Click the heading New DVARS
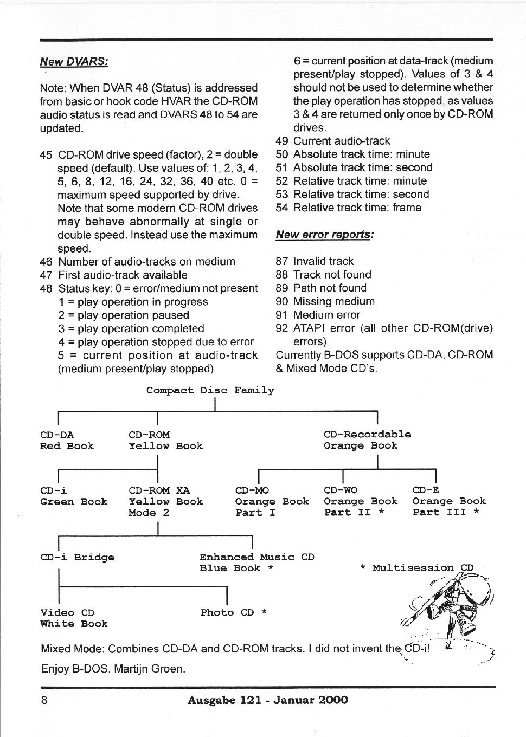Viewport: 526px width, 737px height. [x=74, y=61]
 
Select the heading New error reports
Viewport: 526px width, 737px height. [x=324, y=235]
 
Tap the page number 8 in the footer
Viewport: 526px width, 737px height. [x=44, y=700]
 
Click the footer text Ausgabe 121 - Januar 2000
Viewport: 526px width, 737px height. [x=268, y=700]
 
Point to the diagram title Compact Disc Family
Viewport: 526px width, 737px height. [x=210, y=390]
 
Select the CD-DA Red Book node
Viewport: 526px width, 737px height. [x=67, y=440]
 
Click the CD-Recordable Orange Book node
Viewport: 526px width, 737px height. [x=367, y=440]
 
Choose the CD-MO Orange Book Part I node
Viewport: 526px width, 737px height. [x=272, y=501]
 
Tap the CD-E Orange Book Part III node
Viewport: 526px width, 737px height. [x=449, y=501]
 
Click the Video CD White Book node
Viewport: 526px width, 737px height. [x=74, y=618]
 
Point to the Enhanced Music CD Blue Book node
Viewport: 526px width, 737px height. [x=256, y=563]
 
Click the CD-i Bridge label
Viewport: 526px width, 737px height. [x=78, y=557]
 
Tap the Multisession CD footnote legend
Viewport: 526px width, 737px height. [x=416, y=568]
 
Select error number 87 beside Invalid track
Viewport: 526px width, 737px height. [x=282, y=261]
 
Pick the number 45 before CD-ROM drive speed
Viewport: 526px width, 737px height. [x=46, y=155]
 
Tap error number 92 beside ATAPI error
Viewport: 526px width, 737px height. [x=282, y=328]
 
